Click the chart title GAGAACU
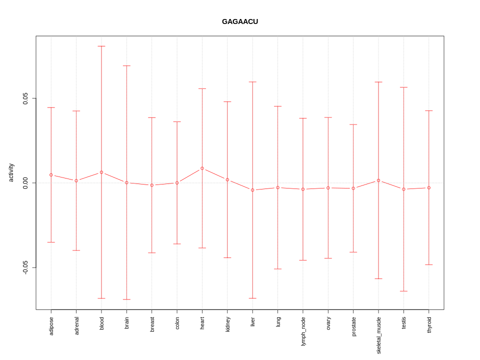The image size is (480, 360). pyautogui.click(x=240, y=22)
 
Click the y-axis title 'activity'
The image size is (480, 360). pyautogui.click(x=11, y=172)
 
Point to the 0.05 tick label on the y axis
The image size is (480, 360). pyautogui.click(x=25, y=98)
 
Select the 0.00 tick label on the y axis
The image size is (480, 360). pyautogui.click(x=25, y=183)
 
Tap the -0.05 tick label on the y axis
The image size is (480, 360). pyautogui.click(x=25, y=267)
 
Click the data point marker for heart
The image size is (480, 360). pyautogui.click(x=202, y=168)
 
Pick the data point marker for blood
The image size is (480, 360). pyautogui.click(x=101, y=172)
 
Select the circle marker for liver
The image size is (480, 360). pyautogui.click(x=252, y=190)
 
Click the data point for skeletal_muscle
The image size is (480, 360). pyautogui.click(x=378, y=180)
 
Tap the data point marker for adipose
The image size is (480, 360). pyautogui.click(x=51, y=175)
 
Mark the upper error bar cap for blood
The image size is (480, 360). pyautogui.click(x=101, y=46)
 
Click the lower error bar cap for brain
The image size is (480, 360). pyautogui.click(x=126, y=299)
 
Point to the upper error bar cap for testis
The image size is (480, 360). pyautogui.click(x=403, y=87)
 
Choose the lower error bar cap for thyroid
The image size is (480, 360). pyautogui.click(x=429, y=264)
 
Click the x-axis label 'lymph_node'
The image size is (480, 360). pyautogui.click(x=303, y=331)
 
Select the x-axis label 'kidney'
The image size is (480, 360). pyautogui.click(x=227, y=324)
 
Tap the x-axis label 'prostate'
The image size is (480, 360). pyautogui.click(x=353, y=326)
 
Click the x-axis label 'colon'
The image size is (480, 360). pyautogui.click(x=177, y=323)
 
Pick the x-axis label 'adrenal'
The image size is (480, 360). pyautogui.click(x=76, y=325)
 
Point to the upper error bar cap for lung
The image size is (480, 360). pyautogui.click(x=278, y=106)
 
